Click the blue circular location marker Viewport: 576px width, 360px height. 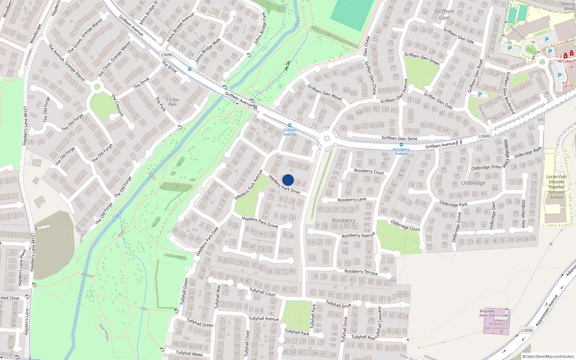pos(288,180)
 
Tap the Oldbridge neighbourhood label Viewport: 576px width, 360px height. pos(473,183)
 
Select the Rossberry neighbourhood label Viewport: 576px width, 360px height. pos(343,220)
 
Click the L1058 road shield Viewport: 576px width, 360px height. pos(527,330)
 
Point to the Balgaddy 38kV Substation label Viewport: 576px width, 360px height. pos(496,326)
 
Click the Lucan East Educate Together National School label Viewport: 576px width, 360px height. pos(557,187)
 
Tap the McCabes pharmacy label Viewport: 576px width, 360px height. pos(565,61)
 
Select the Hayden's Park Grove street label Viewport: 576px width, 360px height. pos(260,222)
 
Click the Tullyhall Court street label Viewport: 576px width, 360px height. pos(262,292)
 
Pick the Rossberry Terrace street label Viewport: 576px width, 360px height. pos(361,272)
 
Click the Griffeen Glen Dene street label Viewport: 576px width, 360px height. pos(399,138)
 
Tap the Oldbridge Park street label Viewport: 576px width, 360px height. pos(453,204)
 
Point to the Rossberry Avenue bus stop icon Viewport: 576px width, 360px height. pos(401,145)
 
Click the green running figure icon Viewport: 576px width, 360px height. pos(287,66)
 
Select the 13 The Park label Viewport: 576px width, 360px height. pos(173,102)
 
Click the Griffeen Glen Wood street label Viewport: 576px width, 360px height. pos(324,92)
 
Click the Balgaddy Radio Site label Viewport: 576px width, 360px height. pos(487,313)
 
